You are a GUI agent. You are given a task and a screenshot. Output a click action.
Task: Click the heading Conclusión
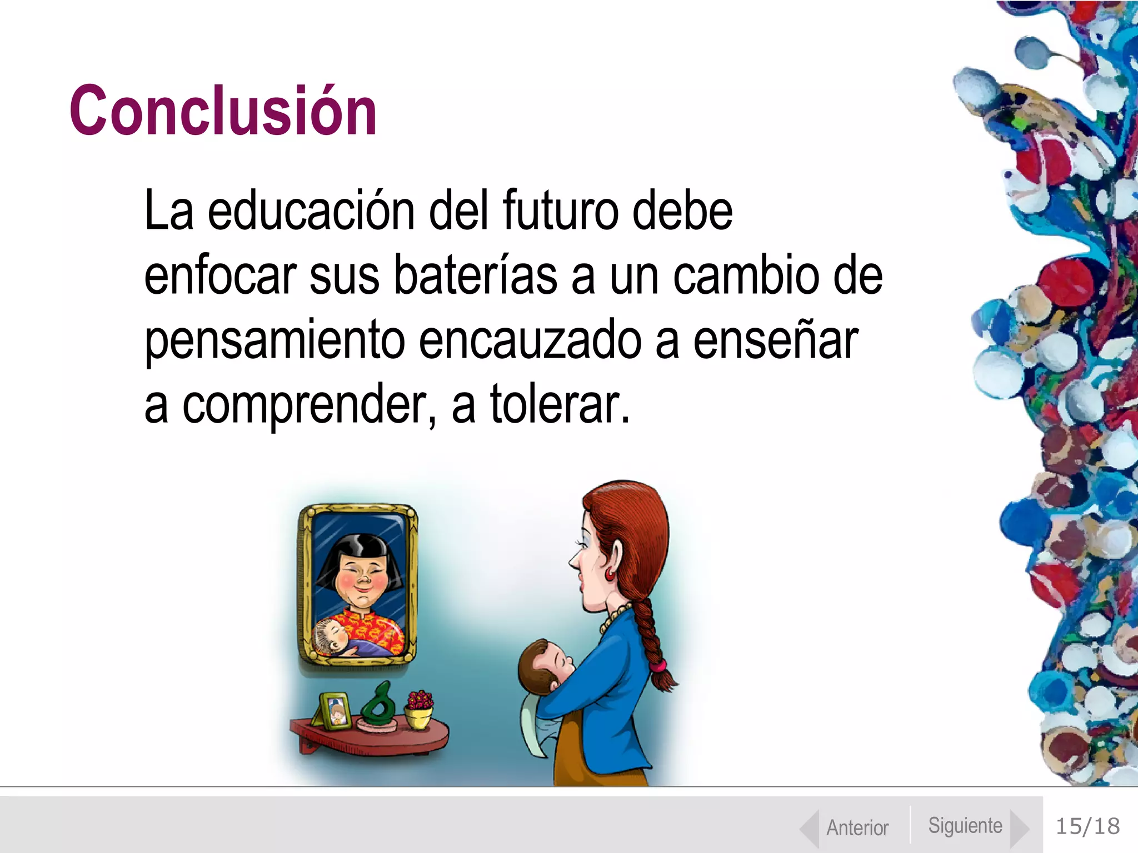223,111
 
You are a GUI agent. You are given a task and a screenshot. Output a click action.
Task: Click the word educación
311,211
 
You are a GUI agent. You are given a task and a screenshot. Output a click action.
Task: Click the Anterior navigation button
857,827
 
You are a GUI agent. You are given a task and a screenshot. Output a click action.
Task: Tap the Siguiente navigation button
966,826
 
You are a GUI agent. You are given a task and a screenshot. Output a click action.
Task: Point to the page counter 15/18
1087,826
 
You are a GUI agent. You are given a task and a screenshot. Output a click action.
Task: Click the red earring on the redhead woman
610,573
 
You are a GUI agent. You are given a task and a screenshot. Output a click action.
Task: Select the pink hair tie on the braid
658,664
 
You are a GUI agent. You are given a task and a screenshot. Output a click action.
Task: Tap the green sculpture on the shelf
378,704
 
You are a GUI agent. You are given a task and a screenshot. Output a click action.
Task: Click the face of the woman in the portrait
360,580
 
